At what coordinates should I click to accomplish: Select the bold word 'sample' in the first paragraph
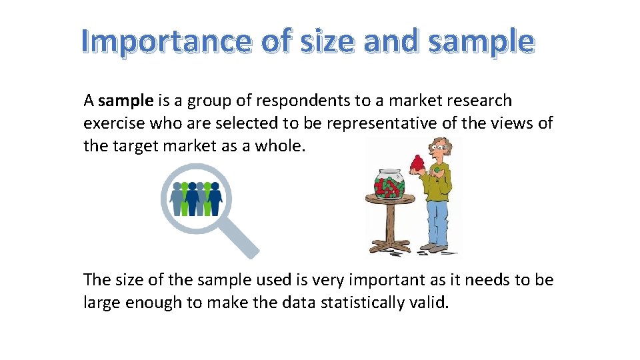click(x=125, y=101)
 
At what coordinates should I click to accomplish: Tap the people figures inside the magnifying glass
click(x=195, y=198)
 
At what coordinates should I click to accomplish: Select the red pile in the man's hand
click(x=419, y=164)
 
